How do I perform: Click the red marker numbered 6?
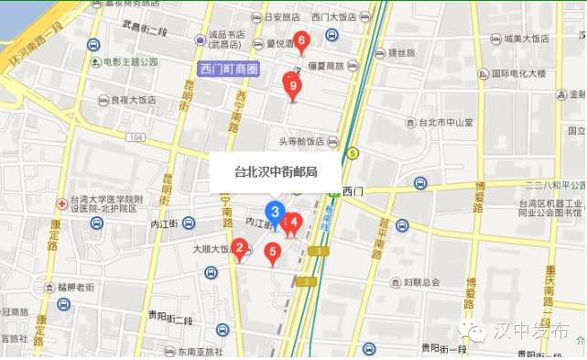(x=301, y=40)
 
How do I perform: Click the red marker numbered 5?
(x=272, y=252)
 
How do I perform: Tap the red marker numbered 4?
(x=294, y=223)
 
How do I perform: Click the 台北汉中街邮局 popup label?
(x=276, y=170)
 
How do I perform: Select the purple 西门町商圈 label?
(x=229, y=70)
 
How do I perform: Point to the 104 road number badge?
(x=136, y=136)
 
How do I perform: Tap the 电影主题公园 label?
(x=131, y=61)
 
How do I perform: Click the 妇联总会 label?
(x=421, y=282)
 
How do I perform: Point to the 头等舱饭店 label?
(x=301, y=142)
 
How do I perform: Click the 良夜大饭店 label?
(x=133, y=100)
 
